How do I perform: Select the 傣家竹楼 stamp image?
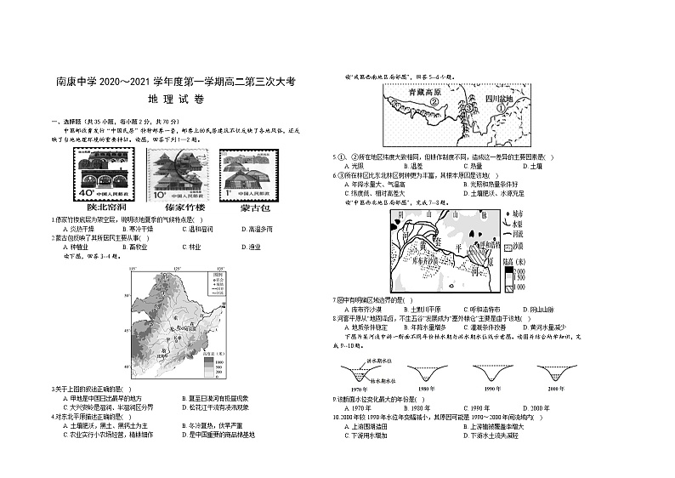(176, 174)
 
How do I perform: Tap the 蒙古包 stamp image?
(245, 174)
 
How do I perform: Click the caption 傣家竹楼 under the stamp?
(176, 207)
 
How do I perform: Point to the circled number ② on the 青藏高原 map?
(434, 104)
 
